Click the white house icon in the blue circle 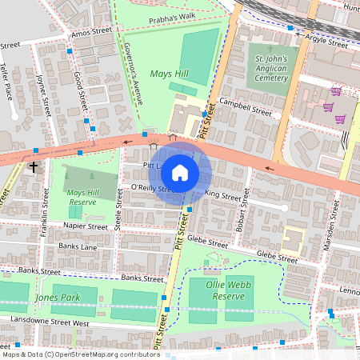(x=180, y=172)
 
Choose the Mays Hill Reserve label (x=86, y=198)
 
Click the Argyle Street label (x=326, y=41)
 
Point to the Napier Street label (x=85, y=226)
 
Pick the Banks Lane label (x=78, y=247)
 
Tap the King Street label (x=223, y=195)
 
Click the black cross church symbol (x=34, y=167)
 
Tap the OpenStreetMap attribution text (x=80, y=354)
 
